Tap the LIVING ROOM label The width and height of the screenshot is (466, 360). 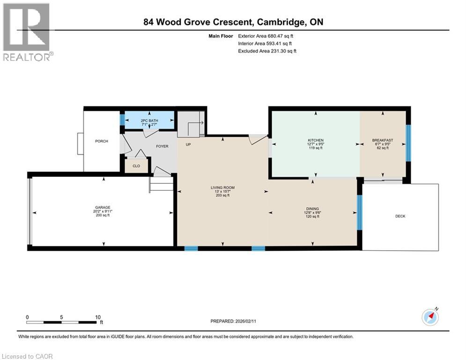point(222,187)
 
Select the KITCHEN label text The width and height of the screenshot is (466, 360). point(316,140)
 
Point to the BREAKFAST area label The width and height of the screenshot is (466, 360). point(382,140)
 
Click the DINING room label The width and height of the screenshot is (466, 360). point(312,210)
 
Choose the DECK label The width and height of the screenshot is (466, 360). point(400,216)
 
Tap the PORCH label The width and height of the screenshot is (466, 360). point(102,141)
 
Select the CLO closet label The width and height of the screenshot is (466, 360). point(136,165)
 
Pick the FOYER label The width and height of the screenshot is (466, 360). point(161,146)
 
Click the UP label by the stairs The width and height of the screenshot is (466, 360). point(188,144)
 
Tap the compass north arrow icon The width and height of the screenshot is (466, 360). point(430,317)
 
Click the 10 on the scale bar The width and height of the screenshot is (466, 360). point(98,317)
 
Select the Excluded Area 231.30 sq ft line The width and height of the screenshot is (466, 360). point(267,51)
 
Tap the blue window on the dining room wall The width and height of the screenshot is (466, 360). point(359,212)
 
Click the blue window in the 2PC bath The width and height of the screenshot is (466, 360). point(122,120)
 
